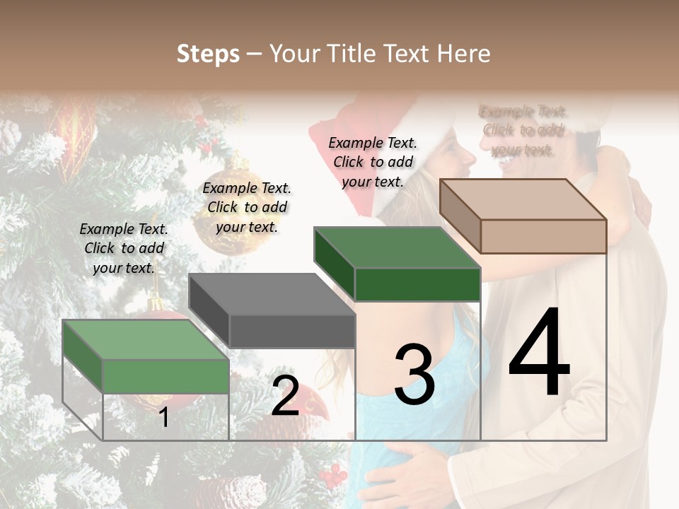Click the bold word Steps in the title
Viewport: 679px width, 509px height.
point(208,54)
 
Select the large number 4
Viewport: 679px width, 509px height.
point(539,353)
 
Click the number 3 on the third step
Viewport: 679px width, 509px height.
point(414,374)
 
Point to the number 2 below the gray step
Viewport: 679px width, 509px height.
point(285,396)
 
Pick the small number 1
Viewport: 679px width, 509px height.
point(164,418)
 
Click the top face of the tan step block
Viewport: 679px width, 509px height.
point(523,199)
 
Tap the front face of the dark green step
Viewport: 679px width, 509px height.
point(417,284)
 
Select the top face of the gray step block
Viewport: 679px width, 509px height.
point(272,293)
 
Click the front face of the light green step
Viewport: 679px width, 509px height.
point(166,375)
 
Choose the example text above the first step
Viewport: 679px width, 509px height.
point(124,248)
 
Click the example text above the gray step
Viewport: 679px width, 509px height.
point(247,207)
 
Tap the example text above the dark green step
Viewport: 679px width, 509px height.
point(373,162)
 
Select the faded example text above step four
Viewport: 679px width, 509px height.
point(523,130)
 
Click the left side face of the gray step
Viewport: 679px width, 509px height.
point(209,310)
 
